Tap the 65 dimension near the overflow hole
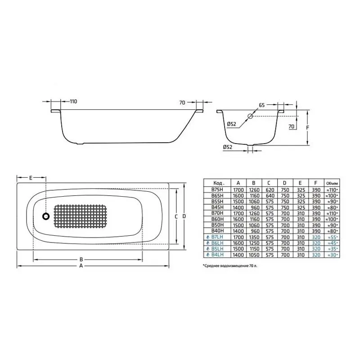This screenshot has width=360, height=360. coord(261,105)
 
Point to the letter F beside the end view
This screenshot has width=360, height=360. coord(307,127)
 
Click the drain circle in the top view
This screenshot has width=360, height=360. coord(46,216)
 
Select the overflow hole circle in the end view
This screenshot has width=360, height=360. coord(251,116)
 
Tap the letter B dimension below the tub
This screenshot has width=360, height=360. coord(81,259)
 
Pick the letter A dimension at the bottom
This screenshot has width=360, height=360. coord(81,266)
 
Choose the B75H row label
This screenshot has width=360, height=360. coord(217,190)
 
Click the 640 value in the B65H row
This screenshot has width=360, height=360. coord(269,196)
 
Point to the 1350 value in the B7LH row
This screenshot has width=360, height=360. coord(254,237)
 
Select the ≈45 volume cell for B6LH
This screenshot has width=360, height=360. coord(333,243)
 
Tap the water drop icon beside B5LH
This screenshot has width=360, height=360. coord(207,248)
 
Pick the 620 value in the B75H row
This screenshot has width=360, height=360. coord(269,190)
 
